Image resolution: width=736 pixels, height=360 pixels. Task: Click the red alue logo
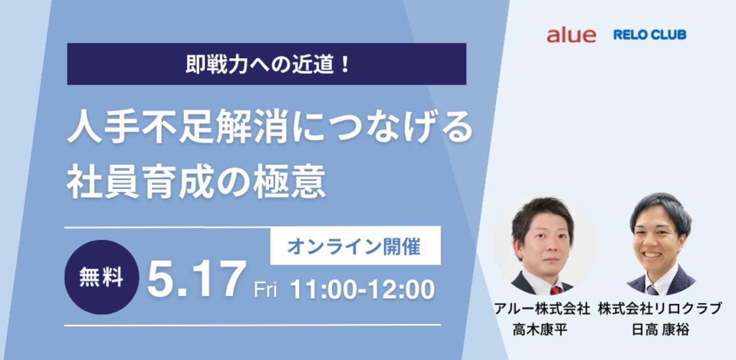coord(571,35)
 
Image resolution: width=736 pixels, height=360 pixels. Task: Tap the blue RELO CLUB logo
coord(650,34)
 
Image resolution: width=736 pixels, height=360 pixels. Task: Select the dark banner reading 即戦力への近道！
coord(267,64)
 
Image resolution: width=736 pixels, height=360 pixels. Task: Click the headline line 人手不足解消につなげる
coord(270,128)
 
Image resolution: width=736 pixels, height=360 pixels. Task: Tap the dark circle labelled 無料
coord(101,277)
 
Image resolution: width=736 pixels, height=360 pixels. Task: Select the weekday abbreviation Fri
coord(265,290)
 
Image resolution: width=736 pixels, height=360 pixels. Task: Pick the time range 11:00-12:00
coord(362,290)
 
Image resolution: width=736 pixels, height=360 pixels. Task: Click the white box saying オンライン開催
coord(355,246)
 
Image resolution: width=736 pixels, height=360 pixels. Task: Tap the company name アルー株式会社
coord(541,309)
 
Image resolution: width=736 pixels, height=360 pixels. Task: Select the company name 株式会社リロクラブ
coord(660,309)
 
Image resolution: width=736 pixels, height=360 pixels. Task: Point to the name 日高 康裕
coord(660,330)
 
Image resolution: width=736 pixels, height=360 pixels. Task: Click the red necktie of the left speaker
coord(556,290)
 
